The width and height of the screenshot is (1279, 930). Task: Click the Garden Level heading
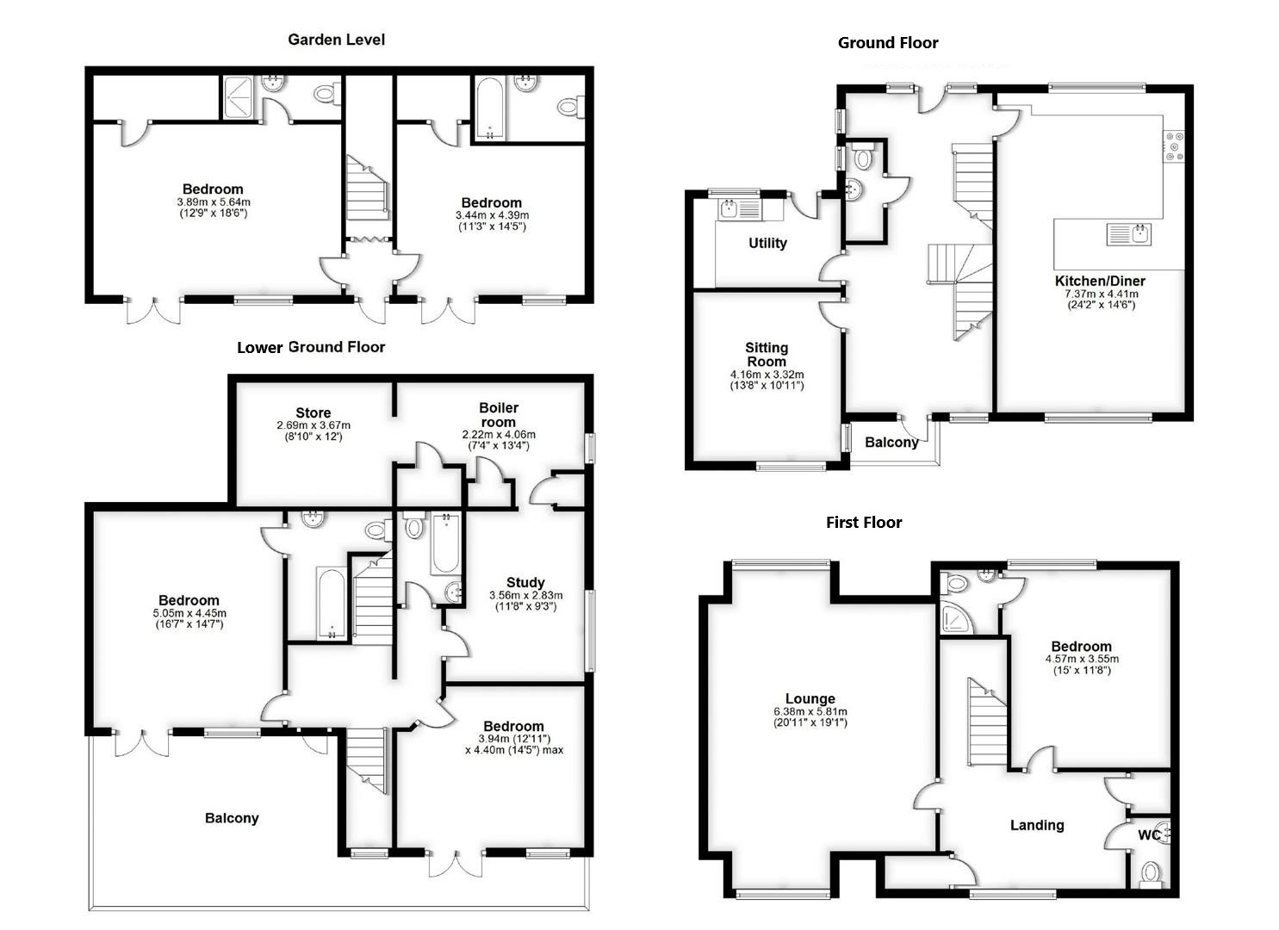[336, 40]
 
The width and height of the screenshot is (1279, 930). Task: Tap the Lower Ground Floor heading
[311, 347]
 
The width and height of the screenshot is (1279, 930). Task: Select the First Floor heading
[864, 523]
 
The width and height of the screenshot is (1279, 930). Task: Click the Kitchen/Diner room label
[1100, 281]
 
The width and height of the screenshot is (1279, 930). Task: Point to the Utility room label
[767, 244]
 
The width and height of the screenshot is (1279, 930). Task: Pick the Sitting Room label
[767, 355]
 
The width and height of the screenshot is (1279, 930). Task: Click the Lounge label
[810, 699]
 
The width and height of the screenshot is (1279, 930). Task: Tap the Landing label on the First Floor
[1037, 825]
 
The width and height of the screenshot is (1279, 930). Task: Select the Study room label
[525, 583]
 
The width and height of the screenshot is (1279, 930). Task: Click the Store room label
[314, 413]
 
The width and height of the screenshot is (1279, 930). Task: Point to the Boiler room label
[499, 414]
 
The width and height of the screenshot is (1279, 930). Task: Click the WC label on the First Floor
[1149, 835]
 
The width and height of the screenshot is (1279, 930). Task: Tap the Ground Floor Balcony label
[891, 443]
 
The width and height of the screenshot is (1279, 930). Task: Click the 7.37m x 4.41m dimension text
[1100, 294]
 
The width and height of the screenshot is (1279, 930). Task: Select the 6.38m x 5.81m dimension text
[810, 712]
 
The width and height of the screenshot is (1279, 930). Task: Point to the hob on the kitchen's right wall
[1174, 146]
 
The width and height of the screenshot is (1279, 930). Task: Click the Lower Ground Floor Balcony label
[232, 818]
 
